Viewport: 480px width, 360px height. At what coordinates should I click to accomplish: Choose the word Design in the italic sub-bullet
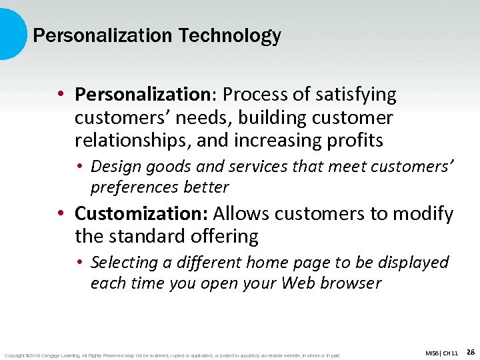pyautogui.click(x=115, y=166)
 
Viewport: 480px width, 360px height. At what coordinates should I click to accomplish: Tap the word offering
pyautogui.click(x=224, y=236)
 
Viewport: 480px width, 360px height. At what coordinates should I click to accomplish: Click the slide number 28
pyautogui.click(x=470, y=351)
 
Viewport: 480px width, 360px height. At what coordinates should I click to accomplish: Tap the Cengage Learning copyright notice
pyautogui.click(x=172, y=355)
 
